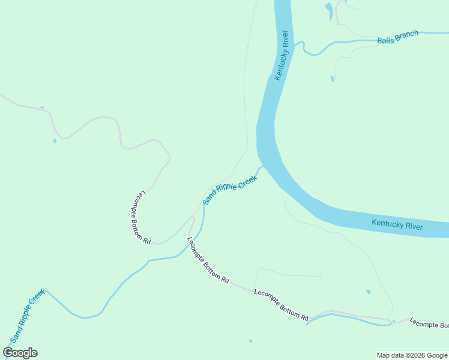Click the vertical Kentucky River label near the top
[282, 55]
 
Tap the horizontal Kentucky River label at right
[397, 225]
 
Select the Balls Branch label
[397, 38]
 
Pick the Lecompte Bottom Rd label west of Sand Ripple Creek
[141, 217]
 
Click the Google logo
[20, 353]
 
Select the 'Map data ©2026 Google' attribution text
[412, 355]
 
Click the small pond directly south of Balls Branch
[332, 79]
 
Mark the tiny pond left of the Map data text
[250, 341]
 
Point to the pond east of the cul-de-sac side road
[368, 292]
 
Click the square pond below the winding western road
[55, 141]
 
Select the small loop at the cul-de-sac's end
[320, 275]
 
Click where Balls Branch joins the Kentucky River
[295, 44]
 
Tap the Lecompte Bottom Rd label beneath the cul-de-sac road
[281, 305]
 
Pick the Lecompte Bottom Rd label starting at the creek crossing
[208, 260]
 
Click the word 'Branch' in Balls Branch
[406, 35]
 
